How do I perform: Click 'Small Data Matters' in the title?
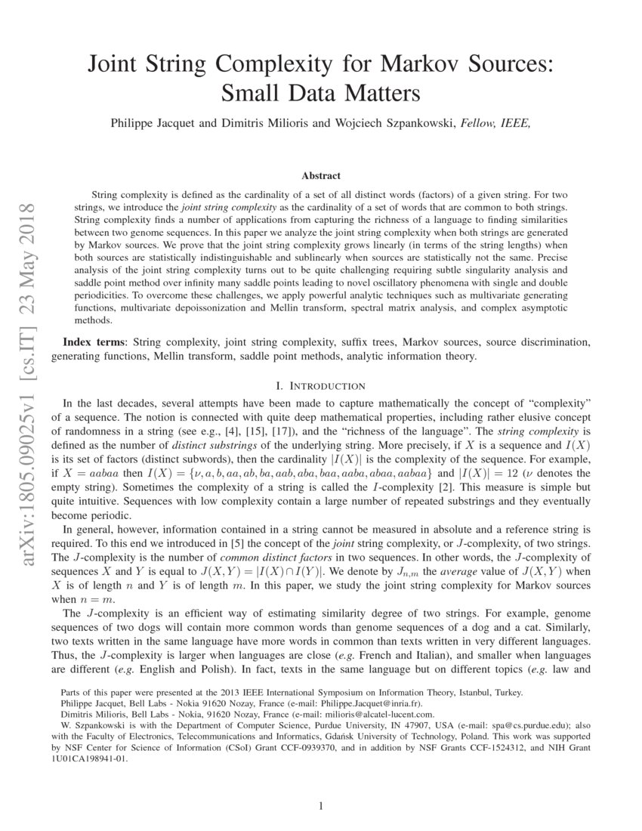[320, 94]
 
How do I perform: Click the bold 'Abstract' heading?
[320, 176]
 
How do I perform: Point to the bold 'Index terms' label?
[95, 342]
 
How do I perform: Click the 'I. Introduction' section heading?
[320, 386]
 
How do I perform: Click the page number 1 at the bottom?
[320, 806]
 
